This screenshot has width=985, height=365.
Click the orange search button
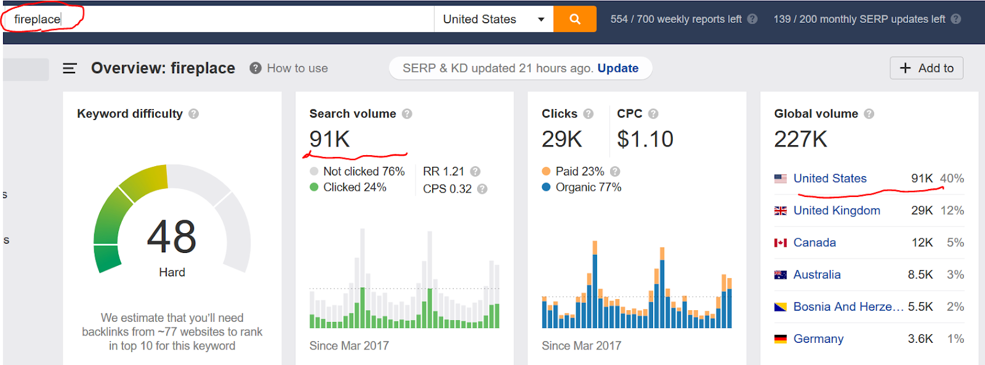(574, 19)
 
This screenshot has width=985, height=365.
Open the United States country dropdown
(493, 19)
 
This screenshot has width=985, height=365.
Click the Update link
(617, 68)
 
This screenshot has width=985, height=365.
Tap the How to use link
(297, 68)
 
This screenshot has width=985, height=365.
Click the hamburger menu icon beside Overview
(70, 68)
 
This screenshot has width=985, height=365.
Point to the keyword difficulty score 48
(172, 237)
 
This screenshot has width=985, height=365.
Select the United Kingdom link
(836, 211)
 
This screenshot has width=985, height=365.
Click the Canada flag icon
(780, 243)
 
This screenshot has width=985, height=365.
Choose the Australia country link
(816, 275)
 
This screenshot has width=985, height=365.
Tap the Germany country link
(818, 339)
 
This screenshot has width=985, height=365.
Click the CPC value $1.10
(645, 139)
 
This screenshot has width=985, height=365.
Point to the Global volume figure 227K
(800, 139)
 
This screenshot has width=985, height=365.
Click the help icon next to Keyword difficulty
(194, 114)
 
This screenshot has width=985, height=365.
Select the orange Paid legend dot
(546, 171)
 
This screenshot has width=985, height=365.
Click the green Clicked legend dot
(314, 187)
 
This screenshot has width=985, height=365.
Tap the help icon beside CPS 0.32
(482, 189)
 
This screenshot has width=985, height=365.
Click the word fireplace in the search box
(37, 19)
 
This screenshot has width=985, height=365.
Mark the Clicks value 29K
(561, 139)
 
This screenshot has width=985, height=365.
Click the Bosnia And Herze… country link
(848, 307)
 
